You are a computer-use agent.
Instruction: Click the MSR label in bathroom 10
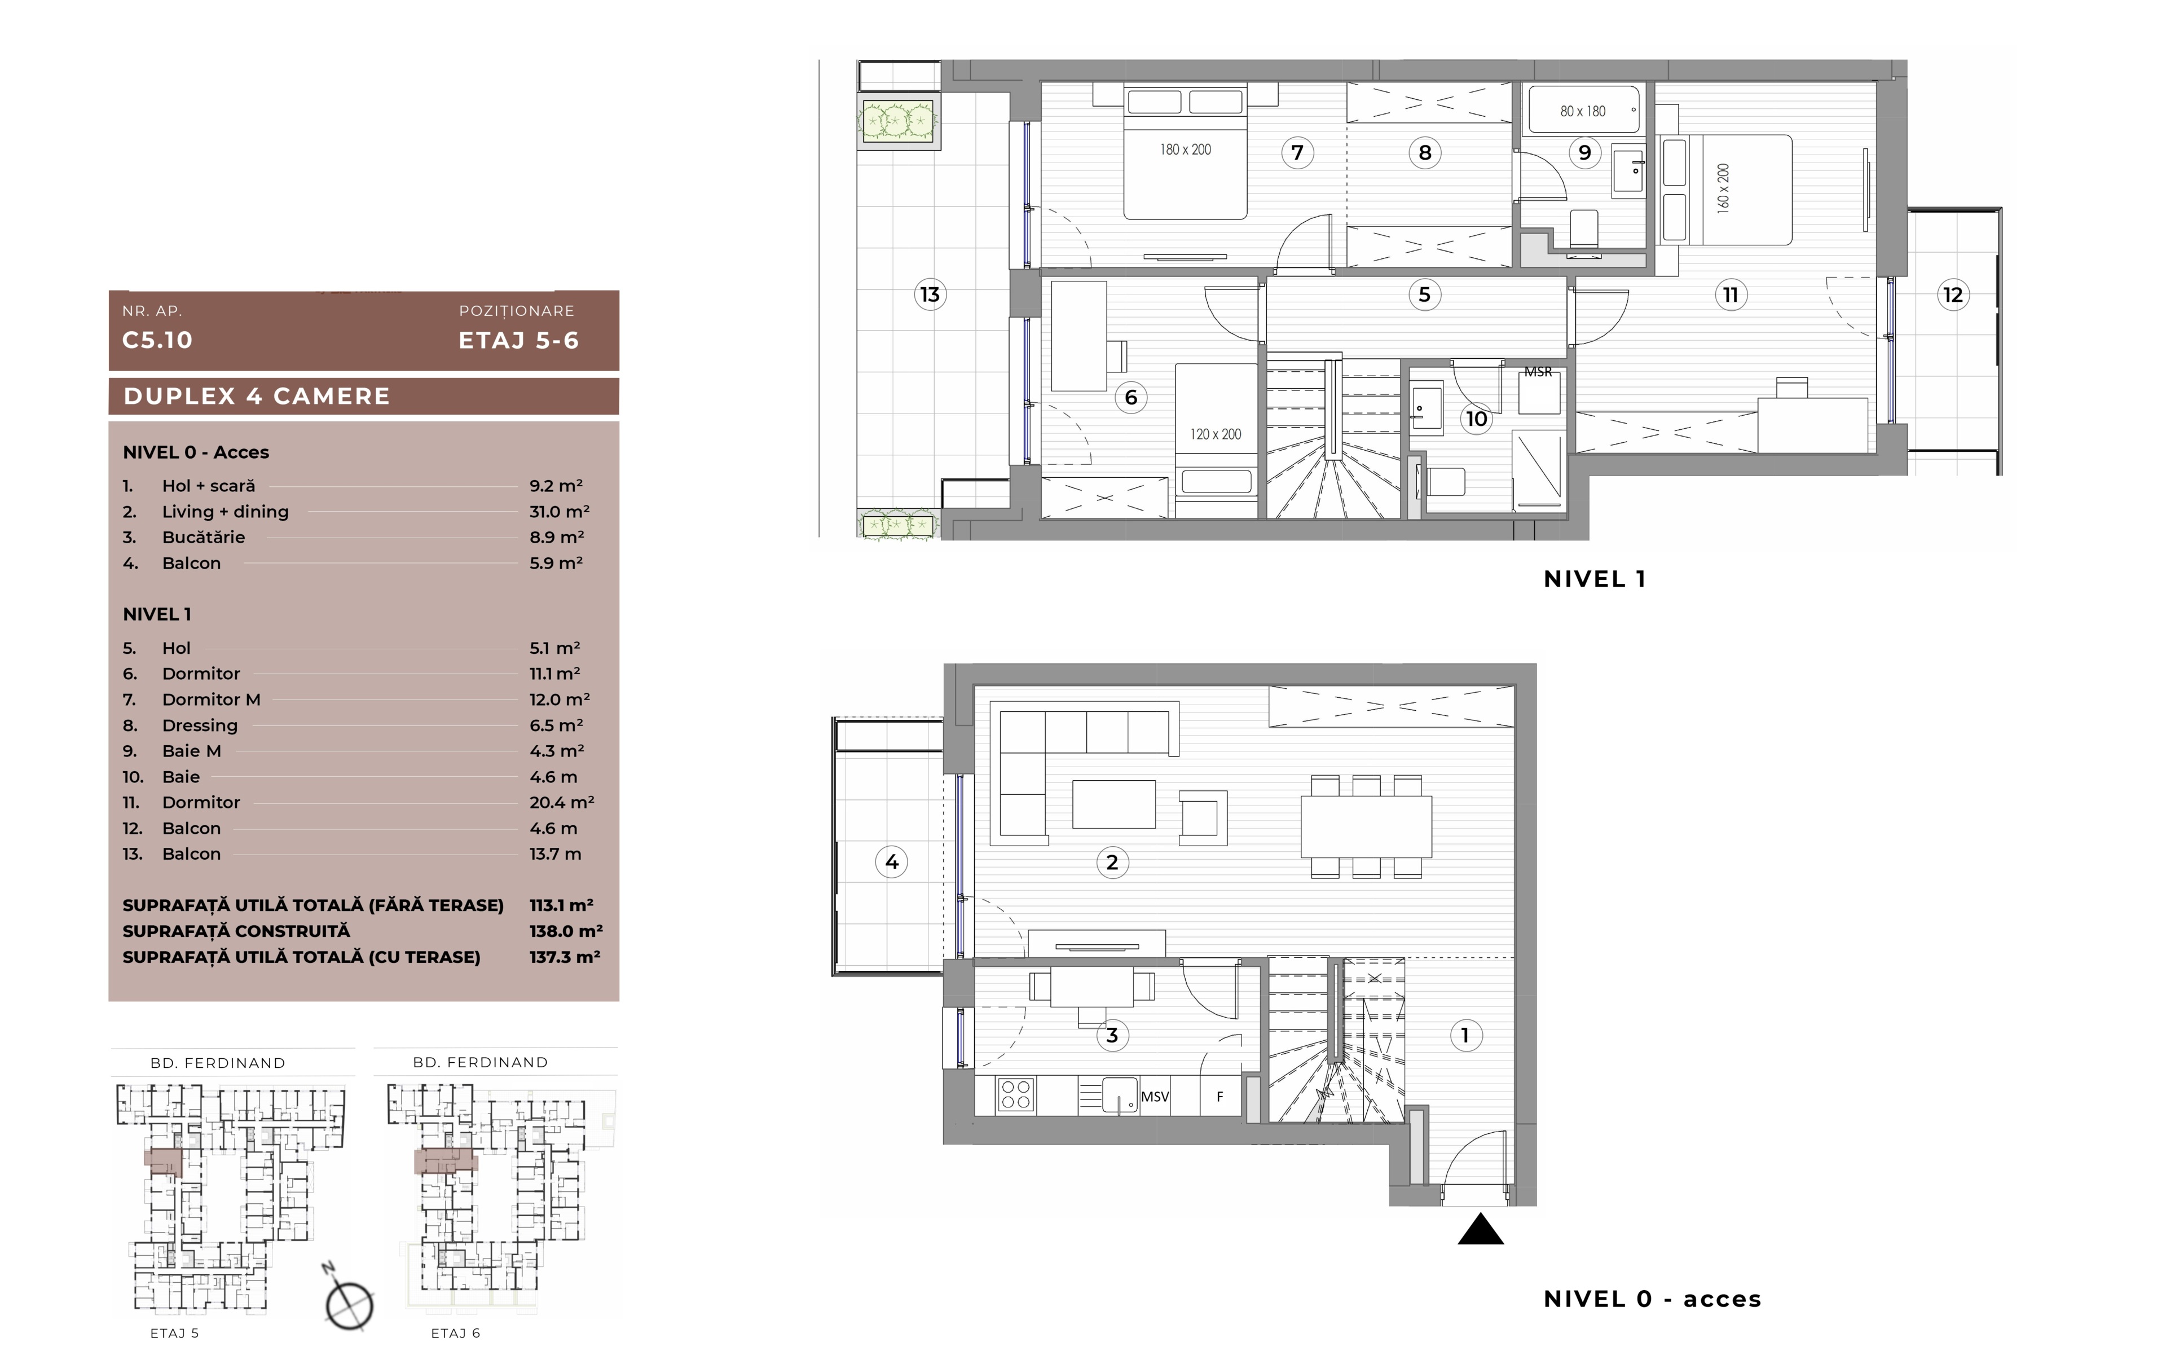click(x=1538, y=372)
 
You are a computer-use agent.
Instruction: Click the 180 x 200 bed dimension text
click(x=1186, y=149)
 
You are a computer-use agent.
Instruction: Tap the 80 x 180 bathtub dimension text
click(x=1583, y=111)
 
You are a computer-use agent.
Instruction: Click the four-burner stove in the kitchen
click(x=1015, y=1094)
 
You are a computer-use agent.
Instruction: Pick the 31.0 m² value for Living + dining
click(x=559, y=511)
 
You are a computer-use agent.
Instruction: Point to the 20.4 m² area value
click(x=562, y=802)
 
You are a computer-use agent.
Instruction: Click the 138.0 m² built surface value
click(x=565, y=931)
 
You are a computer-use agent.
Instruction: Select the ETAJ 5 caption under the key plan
click(x=175, y=1332)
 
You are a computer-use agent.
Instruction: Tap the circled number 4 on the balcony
click(x=892, y=862)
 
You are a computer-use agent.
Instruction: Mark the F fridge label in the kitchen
click(x=1220, y=1096)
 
